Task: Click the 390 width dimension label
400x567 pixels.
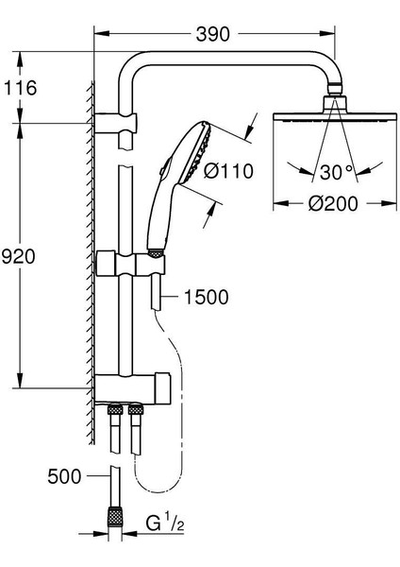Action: [x=212, y=34]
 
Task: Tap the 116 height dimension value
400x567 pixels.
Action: [x=20, y=88]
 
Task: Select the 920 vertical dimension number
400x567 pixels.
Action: [x=19, y=256]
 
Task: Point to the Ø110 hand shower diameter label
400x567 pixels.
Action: [x=228, y=171]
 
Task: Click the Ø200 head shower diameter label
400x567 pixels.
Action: [x=333, y=203]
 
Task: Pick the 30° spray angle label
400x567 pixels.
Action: [x=336, y=172]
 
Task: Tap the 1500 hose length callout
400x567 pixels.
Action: [x=207, y=297]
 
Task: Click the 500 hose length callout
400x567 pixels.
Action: [x=64, y=476]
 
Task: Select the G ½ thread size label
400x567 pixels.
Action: [x=164, y=523]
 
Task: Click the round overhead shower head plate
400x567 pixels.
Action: [x=336, y=118]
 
